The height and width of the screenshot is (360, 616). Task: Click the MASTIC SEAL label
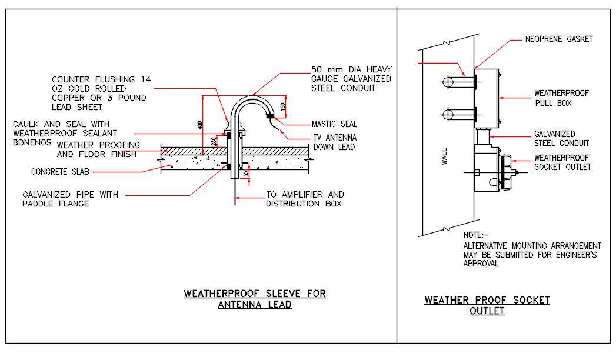point(334,124)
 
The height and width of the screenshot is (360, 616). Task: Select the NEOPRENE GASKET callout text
point(558,39)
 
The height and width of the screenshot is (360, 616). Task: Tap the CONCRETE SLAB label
point(61,172)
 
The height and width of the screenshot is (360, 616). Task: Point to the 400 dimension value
point(201,125)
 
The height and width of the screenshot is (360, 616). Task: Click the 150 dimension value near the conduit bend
point(283,108)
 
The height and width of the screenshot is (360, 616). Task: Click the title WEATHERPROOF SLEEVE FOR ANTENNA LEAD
point(255,299)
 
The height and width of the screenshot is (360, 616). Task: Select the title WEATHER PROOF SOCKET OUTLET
point(487,305)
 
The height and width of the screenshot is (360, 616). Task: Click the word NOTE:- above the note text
point(476,235)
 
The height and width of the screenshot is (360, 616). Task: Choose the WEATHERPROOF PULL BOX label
point(561,98)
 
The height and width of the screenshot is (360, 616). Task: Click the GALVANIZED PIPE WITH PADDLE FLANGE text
point(71,199)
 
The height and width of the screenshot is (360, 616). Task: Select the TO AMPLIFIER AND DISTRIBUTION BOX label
point(305,199)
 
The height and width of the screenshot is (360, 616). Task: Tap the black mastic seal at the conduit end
point(271,116)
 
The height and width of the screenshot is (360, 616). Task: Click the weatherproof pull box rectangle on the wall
point(487,98)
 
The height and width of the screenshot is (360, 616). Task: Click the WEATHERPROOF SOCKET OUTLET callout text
point(562,162)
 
